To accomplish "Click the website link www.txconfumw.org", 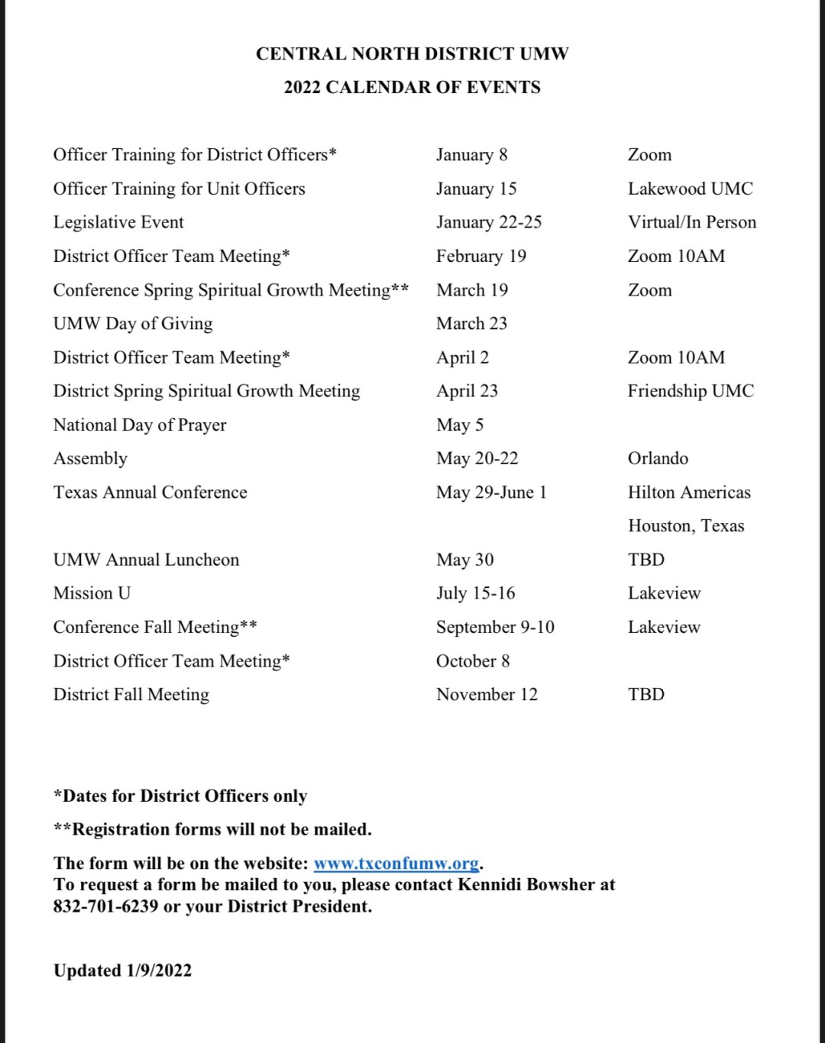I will (x=396, y=864).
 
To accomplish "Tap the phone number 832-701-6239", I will (x=105, y=906).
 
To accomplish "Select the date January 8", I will (x=471, y=155).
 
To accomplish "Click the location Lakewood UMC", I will (x=690, y=189).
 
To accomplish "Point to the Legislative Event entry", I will (x=118, y=222).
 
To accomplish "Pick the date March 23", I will (x=471, y=324).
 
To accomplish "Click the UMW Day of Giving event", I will (x=133, y=324).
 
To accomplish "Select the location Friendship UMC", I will (x=691, y=391).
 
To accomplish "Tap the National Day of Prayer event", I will (x=140, y=425).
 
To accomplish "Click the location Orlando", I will (x=658, y=459).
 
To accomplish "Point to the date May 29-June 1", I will (x=491, y=492).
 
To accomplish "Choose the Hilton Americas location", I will (x=689, y=492).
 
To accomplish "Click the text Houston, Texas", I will (x=686, y=526).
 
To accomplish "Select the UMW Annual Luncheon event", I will (x=146, y=560).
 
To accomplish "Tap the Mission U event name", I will (x=92, y=593).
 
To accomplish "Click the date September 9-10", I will (x=495, y=627).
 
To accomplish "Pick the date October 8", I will (x=473, y=661).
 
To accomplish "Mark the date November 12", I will (x=487, y=695).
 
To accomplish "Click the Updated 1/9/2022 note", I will (x=122, y=970).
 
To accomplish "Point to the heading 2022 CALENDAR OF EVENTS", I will (x=412, y=88).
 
